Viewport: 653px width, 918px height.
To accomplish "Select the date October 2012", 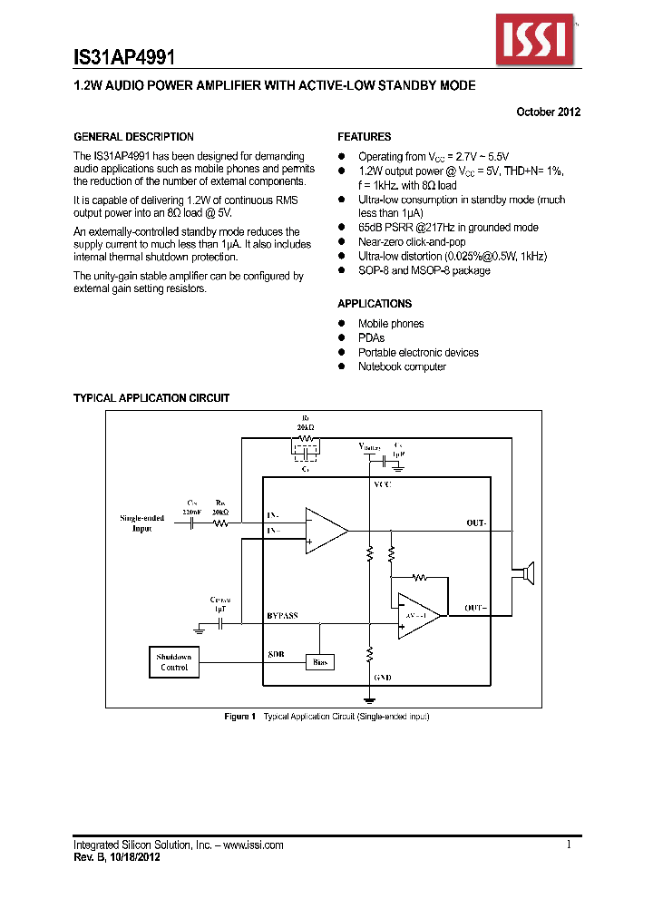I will [x=548, y=112].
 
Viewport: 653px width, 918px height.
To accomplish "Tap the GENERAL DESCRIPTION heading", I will [x=133, y=137].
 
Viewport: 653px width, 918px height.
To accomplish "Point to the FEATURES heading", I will [x=365, y=137].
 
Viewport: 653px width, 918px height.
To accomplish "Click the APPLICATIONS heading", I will [x=375, y=304].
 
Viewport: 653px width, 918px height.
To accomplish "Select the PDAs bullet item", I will [x=371, y=338].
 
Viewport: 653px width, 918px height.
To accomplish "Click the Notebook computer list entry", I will [x=402, y=366].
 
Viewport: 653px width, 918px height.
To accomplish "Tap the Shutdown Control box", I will [x=173, y=662].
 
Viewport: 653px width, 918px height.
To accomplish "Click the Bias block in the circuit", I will [x=319, y=662].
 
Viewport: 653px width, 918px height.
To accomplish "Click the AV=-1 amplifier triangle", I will [x=418, y=615].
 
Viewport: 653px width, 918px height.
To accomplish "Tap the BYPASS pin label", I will [x=282, y=615].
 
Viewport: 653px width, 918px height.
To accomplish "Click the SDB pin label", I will [x=276, y=653].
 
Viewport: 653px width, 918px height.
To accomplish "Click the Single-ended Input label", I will [x=142, y=523].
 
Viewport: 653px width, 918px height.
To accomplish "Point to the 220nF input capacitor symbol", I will [x=192, y=524].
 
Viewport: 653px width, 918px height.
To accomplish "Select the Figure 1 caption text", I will [x=326, y=717].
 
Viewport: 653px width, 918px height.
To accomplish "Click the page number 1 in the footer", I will [x=569, y=845].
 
